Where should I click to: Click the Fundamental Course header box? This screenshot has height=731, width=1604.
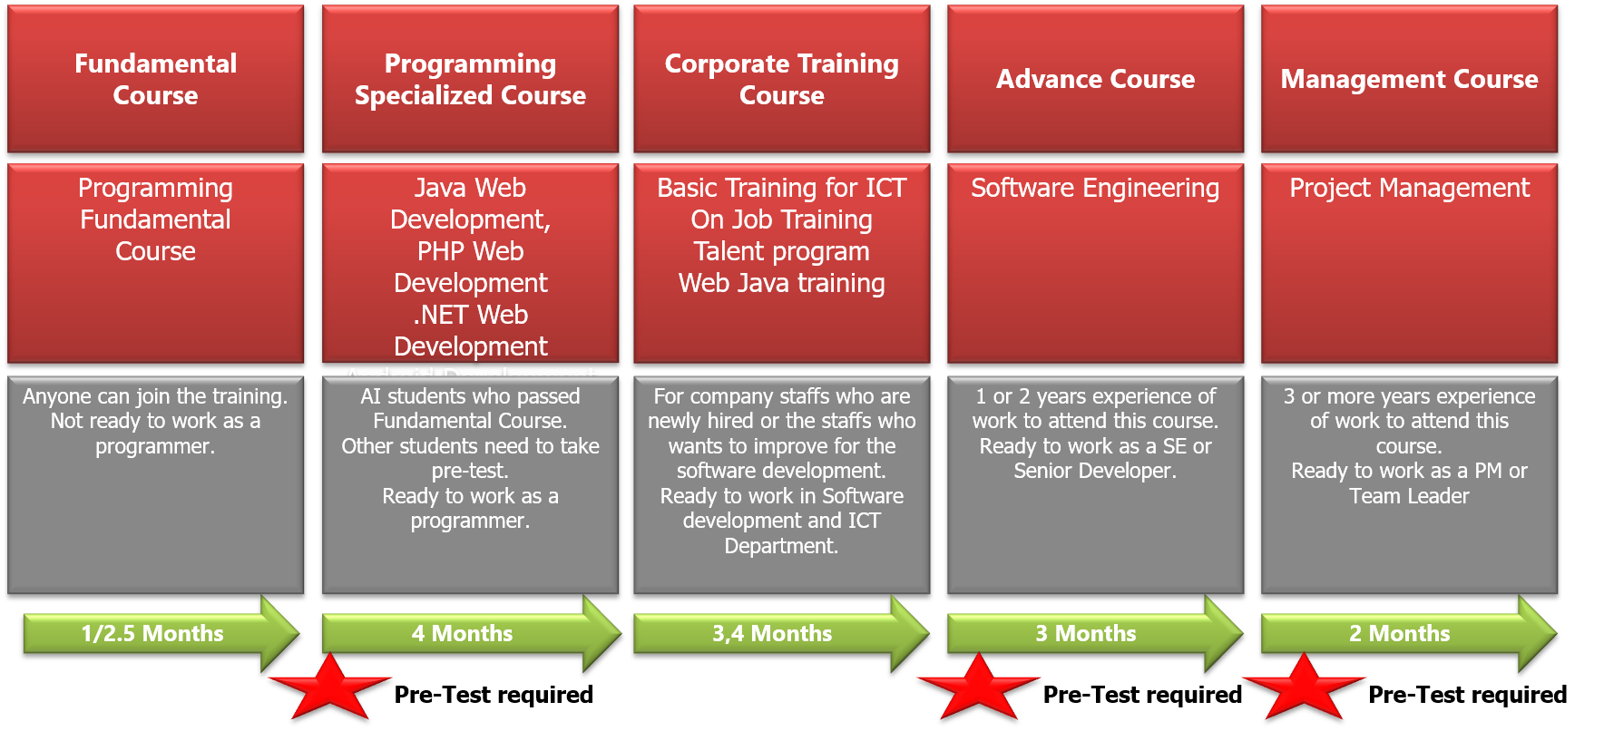tap(155, 79)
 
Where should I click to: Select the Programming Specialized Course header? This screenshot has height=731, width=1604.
tap(470, 79)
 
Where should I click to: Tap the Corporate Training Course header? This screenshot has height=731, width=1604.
tap(781, 79)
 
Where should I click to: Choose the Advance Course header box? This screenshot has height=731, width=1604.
tap(1095, 79)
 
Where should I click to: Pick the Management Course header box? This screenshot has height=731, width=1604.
tap(1409, 79)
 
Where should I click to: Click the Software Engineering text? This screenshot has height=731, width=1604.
tap(1095, 188)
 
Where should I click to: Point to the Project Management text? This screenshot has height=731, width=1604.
tap(1409, 188)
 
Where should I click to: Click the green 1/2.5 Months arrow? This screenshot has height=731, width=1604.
tap(161, 633)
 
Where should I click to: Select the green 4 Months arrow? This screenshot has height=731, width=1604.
tap(472, 633)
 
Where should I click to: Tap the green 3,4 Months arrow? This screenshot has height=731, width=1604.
tap(781, 633)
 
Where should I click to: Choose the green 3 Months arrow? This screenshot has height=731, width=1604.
tap(1095, 633)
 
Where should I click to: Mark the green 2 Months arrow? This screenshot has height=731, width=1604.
tap(1409, 633)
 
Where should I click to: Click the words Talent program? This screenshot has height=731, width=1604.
tap(781, 251)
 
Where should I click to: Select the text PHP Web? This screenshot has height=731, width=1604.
tap(470, 251)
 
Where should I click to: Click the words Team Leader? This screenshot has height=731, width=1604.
tap(1409, 496)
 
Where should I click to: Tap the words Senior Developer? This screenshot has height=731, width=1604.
tap(1095, 471)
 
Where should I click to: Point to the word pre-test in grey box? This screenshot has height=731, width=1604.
tap(470, 472)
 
